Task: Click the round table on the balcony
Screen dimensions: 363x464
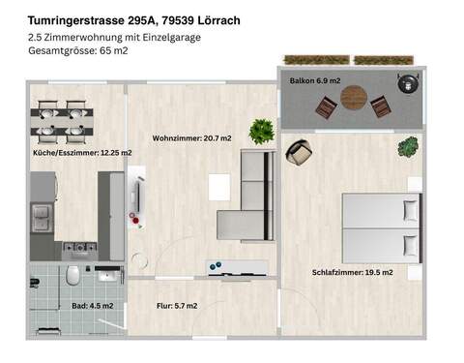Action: pyautogui.click(x=355, y=99)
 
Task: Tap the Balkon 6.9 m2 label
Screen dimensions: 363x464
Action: pyautogui.click(x=314, y=81)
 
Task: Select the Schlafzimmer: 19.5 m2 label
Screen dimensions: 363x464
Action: pyautogui.click(x=352, y=272)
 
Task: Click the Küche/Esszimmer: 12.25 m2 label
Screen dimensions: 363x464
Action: pyautogui.click(x=81, y=153)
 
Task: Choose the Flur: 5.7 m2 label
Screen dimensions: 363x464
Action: pyautogui.click(x=177, y=306)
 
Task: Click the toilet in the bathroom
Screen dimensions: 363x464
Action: pyautogui.click(x=71, y=281)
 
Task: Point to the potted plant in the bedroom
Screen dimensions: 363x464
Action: pyautogui.click(x=408, y=147)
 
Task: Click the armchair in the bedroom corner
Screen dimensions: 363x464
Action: pyautogui.click(x=301, y=153)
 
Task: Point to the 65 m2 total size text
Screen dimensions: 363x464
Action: pyautogui.click(x=114, y=50)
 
